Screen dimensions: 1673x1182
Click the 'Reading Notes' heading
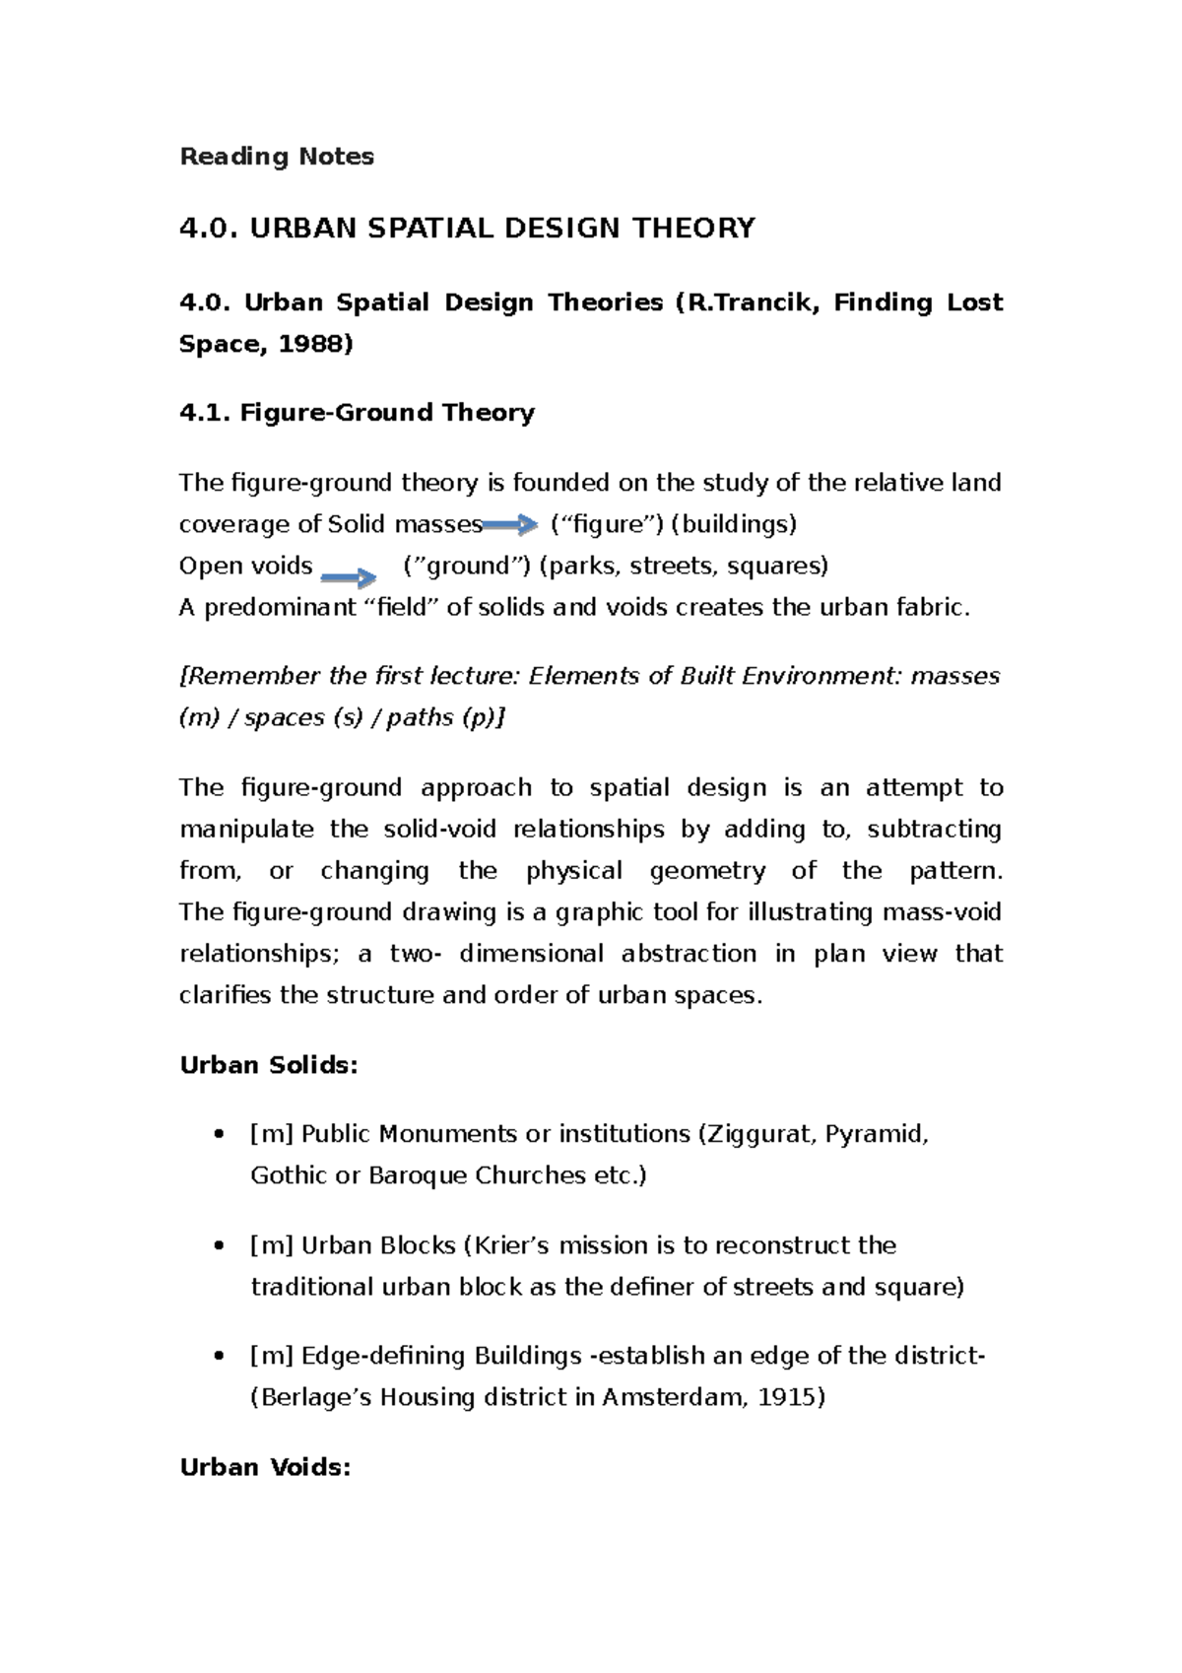click(x=277, y=157)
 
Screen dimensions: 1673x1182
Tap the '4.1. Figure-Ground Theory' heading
click(x=357, y=413)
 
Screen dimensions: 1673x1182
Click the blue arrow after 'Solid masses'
click(x=510, y=525)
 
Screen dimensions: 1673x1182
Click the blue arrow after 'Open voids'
click(x=350, y=577)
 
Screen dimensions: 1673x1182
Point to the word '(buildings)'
click(x=734, y=524)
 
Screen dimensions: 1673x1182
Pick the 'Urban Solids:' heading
click(x=269, y=1065)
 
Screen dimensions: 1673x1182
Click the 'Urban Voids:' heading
click(x=265, y=1467)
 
